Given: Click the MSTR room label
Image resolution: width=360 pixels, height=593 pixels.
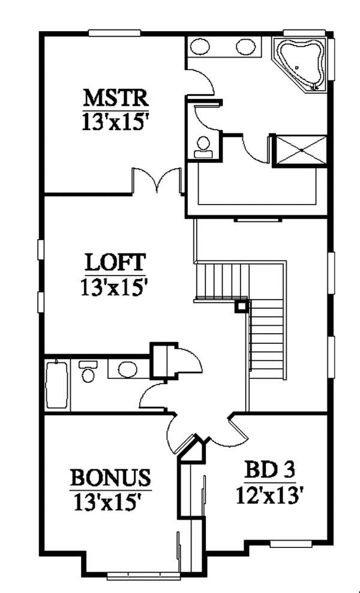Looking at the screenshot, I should (x=115, y=97).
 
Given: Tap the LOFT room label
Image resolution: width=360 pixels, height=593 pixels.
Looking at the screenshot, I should (x=114, y=262).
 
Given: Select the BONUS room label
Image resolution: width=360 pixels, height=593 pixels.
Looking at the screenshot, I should (x=110, y=478).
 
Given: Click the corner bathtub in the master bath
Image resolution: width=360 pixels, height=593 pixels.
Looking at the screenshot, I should (x=299, y=61).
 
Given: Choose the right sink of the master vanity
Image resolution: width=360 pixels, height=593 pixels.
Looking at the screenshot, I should (x=245, y=47).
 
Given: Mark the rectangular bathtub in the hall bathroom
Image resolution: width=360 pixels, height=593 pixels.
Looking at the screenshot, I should (x=56, y=385).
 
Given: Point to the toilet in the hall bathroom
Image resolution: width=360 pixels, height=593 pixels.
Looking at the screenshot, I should (x=88, y=372).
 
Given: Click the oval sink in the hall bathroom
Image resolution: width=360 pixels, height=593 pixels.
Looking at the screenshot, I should (x=127, y=369).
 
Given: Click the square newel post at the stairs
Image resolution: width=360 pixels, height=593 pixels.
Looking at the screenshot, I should (x=241, y=306).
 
